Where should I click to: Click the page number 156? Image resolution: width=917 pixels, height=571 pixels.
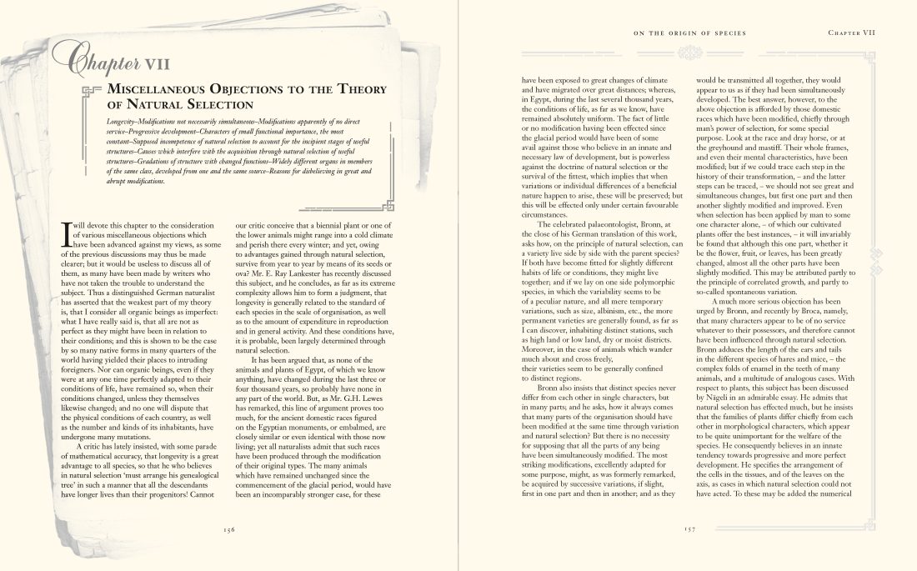(229, 528)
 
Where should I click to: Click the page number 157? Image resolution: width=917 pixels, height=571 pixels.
(688, 528)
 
